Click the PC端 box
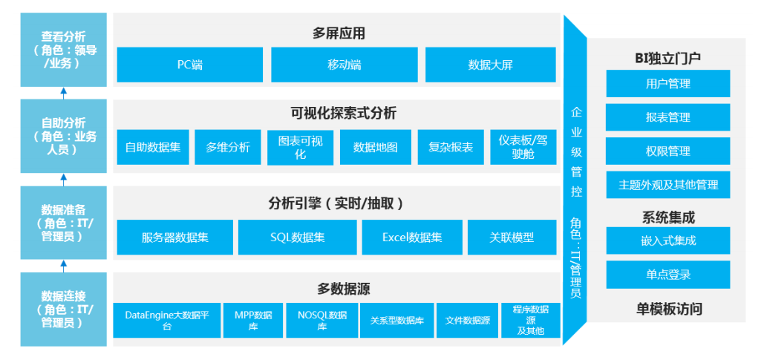point(190,65)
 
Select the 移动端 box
point(345,65)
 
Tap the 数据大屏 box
point(490,65)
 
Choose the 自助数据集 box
point(153,147)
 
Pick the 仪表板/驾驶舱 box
point(523,147)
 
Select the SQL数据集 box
point(297,238)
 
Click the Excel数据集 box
point(412,238)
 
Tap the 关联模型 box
point(512,238)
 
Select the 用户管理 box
point(667,84)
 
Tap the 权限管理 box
point(667,151)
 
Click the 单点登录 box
point(667,275)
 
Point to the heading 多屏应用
point(339,33)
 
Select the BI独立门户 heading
point(667,57)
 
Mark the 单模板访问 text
point(668,309)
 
